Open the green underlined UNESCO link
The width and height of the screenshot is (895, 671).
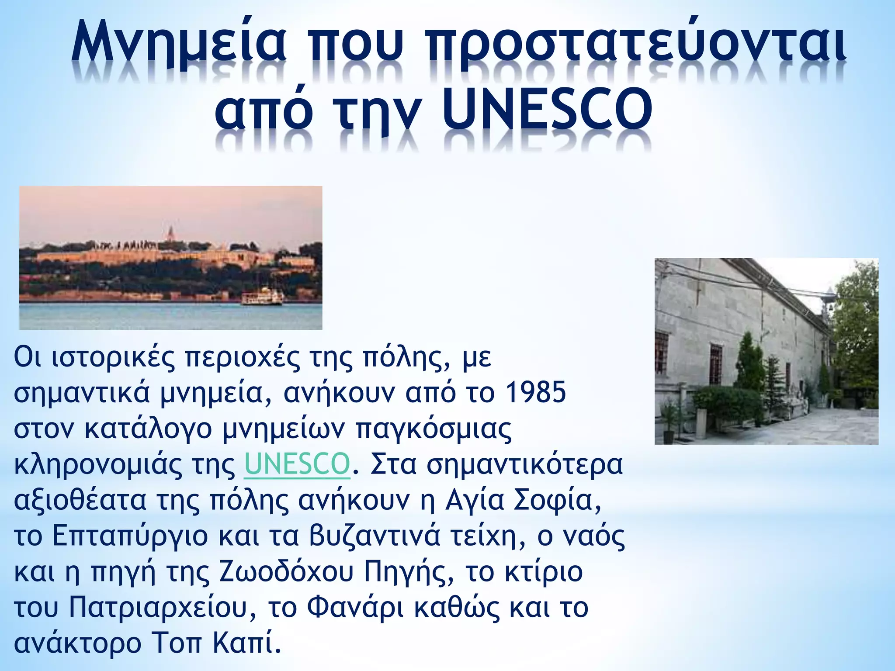click(x=297, y=464)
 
